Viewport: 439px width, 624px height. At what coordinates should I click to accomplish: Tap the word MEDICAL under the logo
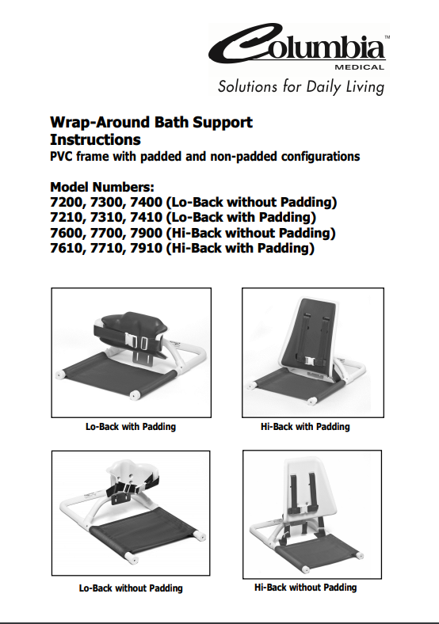[359, 67]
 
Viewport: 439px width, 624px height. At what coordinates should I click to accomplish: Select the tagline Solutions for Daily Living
[301, 87]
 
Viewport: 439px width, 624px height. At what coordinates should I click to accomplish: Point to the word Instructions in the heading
[95, 139]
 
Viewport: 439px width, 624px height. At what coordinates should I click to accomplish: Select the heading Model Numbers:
[102, 187]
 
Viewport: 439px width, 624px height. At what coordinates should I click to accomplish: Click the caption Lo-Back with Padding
[131, 427]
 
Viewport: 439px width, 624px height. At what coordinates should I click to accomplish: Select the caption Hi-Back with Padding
[305, 427]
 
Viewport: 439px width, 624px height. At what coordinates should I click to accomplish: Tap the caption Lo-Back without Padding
[131, 588]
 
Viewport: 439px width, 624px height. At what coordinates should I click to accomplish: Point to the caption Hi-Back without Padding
[306, 587]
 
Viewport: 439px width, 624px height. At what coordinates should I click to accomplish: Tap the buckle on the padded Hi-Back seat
[311, 361]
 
